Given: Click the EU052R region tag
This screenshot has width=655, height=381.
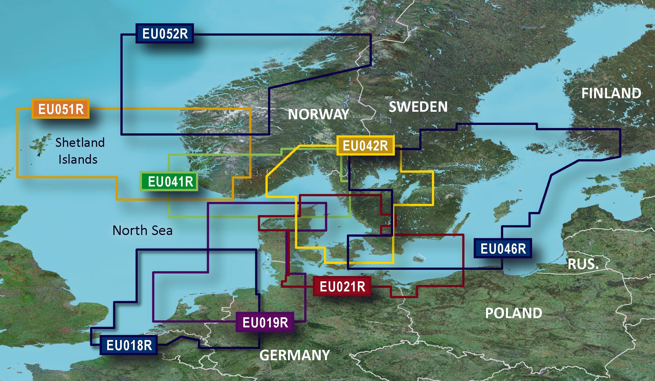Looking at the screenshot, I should (165, 33).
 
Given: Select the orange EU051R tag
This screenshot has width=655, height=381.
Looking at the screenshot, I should (61, 109).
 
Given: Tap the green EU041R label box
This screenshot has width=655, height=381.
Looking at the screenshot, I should (170, 181).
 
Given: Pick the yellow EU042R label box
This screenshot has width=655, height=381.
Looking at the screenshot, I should (365, 146).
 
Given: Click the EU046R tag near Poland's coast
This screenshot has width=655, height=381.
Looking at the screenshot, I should (503, 248).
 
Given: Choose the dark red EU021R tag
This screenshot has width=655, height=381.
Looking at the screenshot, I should (342, 287).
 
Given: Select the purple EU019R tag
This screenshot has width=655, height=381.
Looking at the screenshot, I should (265, 322).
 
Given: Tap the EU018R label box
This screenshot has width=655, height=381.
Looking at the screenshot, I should (129, 345).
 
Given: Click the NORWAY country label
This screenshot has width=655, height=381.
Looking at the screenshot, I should (319, 114).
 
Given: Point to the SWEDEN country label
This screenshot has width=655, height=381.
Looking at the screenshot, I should (418, 107).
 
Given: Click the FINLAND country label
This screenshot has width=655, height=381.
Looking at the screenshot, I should (611, 93).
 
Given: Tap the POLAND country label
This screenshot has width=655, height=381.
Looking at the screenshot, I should (514, 313).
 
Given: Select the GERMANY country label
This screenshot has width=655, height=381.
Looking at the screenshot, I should (294, 355).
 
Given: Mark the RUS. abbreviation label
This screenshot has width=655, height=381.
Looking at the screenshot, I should (583, 264).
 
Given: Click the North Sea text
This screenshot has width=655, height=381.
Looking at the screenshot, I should (142, 231).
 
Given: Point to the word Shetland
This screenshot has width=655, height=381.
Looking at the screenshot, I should (80, 143).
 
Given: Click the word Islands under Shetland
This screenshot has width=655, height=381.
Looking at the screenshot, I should (78, 159).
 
